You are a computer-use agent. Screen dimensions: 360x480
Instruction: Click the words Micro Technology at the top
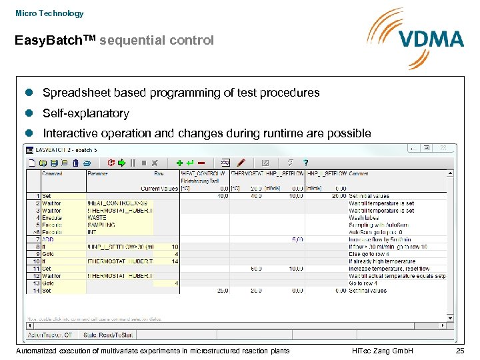pos(49,13)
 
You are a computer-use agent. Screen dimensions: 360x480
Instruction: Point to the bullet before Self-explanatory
pos(29,113)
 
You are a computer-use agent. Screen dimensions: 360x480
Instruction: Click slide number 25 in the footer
pos(459,351)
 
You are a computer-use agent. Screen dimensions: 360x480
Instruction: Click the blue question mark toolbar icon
pos(306,162)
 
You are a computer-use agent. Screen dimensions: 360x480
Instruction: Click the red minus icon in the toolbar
pos(201,162)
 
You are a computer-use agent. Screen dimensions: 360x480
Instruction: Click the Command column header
pos(53,173)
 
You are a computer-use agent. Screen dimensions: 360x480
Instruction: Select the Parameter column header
pos(98,173)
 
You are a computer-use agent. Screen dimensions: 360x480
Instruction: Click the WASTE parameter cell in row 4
pos(97,217)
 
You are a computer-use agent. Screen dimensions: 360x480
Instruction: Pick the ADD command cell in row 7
pos(48,239)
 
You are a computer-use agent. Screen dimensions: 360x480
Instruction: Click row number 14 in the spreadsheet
pos(37,291)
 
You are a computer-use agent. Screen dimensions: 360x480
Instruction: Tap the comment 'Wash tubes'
pos(363,217)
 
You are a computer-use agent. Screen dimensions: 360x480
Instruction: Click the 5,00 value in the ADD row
pos(297,239)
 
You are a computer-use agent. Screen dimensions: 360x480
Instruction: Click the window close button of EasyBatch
pos(443,149)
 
